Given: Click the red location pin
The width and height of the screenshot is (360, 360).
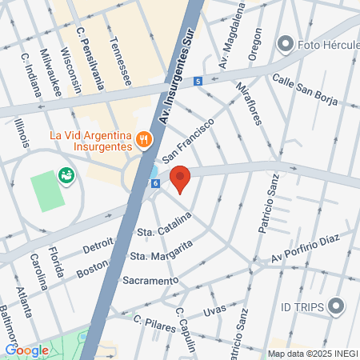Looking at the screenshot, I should (x=181, y=179).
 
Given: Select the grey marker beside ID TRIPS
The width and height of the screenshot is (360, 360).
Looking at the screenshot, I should (x=336, y=305).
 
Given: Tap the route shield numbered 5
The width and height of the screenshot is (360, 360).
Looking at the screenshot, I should (x=197, y=81).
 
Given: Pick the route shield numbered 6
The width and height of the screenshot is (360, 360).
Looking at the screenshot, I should (x=155, y=183).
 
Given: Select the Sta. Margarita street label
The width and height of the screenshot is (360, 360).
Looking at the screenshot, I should (x=162, y=254).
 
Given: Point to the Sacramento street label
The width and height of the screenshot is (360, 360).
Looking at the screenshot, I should (x=150, y=280).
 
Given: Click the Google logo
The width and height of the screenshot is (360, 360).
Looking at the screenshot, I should (x=27, y=350).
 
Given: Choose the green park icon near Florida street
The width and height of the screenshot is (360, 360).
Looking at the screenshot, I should (x=65, y=174).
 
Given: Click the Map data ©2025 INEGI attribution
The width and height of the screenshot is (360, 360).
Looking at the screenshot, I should (x=312, y=353).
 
